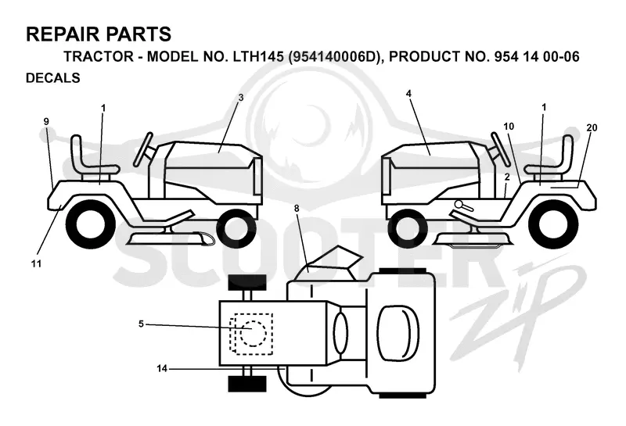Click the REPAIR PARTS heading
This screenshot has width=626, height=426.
[99, 34]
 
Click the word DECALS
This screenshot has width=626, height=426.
[53, 78]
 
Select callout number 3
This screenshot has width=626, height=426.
[241, 98]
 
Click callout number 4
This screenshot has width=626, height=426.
[408, 93]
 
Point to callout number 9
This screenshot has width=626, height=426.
[46, 121]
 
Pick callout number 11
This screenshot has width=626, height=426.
[36, 263]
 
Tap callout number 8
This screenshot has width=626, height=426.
[297, 208]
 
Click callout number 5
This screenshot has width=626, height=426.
[141, 324]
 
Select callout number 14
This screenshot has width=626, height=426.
[162, 369]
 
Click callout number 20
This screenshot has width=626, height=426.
[592, 127]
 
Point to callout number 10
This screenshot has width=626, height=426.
[509, 127]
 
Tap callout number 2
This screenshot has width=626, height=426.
[507, 177]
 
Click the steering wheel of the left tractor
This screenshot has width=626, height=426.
[144, 149]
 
